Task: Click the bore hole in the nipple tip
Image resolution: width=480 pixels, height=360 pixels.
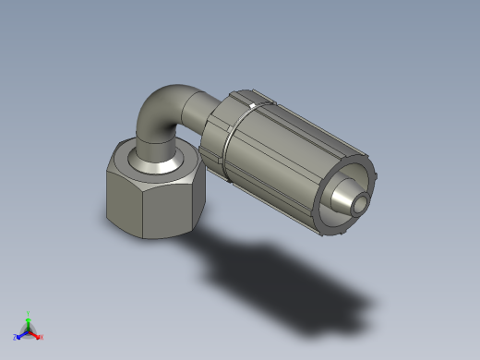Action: pyautogui.click(x=362, y=202)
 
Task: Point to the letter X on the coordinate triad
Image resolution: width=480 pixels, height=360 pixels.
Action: pyautogui.click(x=42, y=337)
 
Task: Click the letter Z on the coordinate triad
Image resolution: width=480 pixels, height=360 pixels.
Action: pyautogui.click(x=16, y=337)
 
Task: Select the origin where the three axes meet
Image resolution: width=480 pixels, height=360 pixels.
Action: pyautogui.click(x=29, y=330)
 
